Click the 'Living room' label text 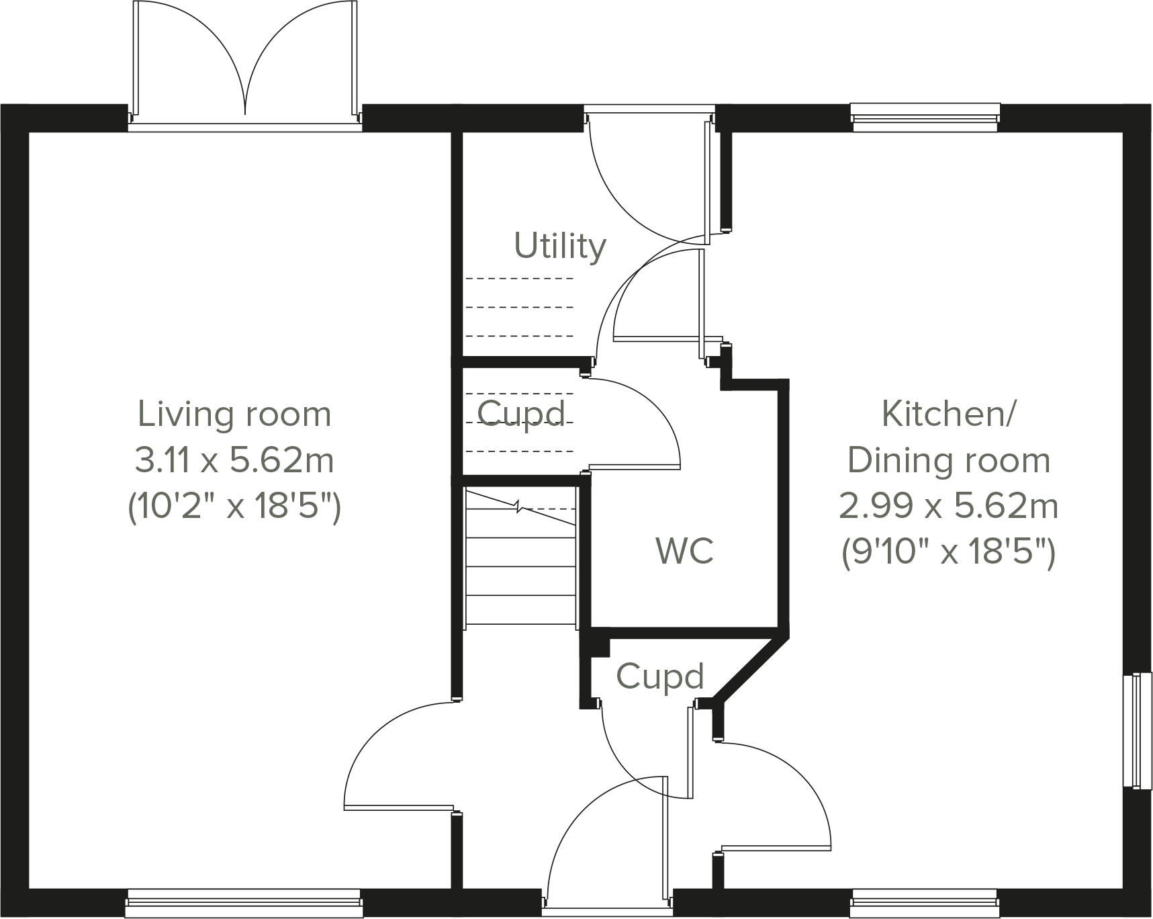tap(234, 414)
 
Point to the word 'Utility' tap(559, 246)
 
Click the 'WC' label tap(684, 551)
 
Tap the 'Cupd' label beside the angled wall tap(659, 676)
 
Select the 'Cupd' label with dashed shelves tap(521, 414)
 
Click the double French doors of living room tap(244, 64)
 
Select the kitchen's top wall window tap(925, 118)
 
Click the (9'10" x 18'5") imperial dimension tap(948, 552)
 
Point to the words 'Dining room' tap(948, 460)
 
